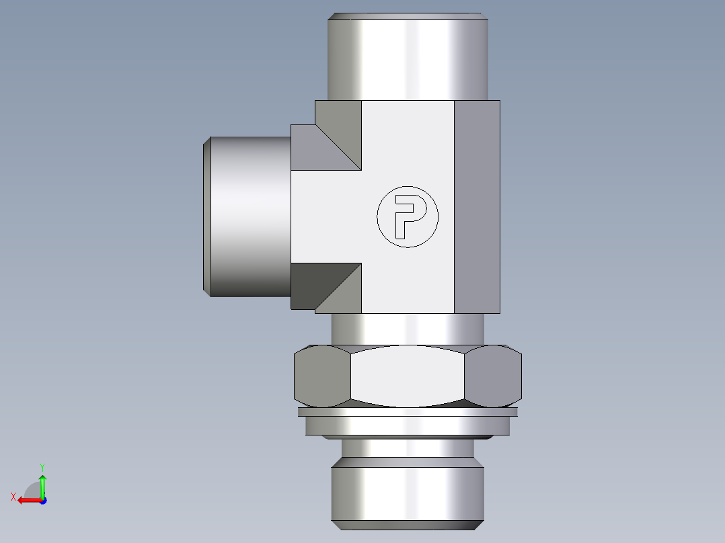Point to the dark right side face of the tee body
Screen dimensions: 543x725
pos(477,207)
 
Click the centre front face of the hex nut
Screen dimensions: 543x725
pos(406,377)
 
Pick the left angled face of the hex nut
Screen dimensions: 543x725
pos(321,376)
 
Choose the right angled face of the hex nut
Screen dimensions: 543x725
pos(493,376)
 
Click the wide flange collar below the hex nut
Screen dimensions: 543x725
pos(406,425)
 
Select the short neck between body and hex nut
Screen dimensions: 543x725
pos(406,329)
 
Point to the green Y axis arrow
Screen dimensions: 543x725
pos(42,485)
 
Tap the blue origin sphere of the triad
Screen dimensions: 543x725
pos(42,501)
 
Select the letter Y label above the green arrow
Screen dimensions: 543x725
pos(42,466)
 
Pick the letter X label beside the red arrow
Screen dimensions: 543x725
pos(13,497)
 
